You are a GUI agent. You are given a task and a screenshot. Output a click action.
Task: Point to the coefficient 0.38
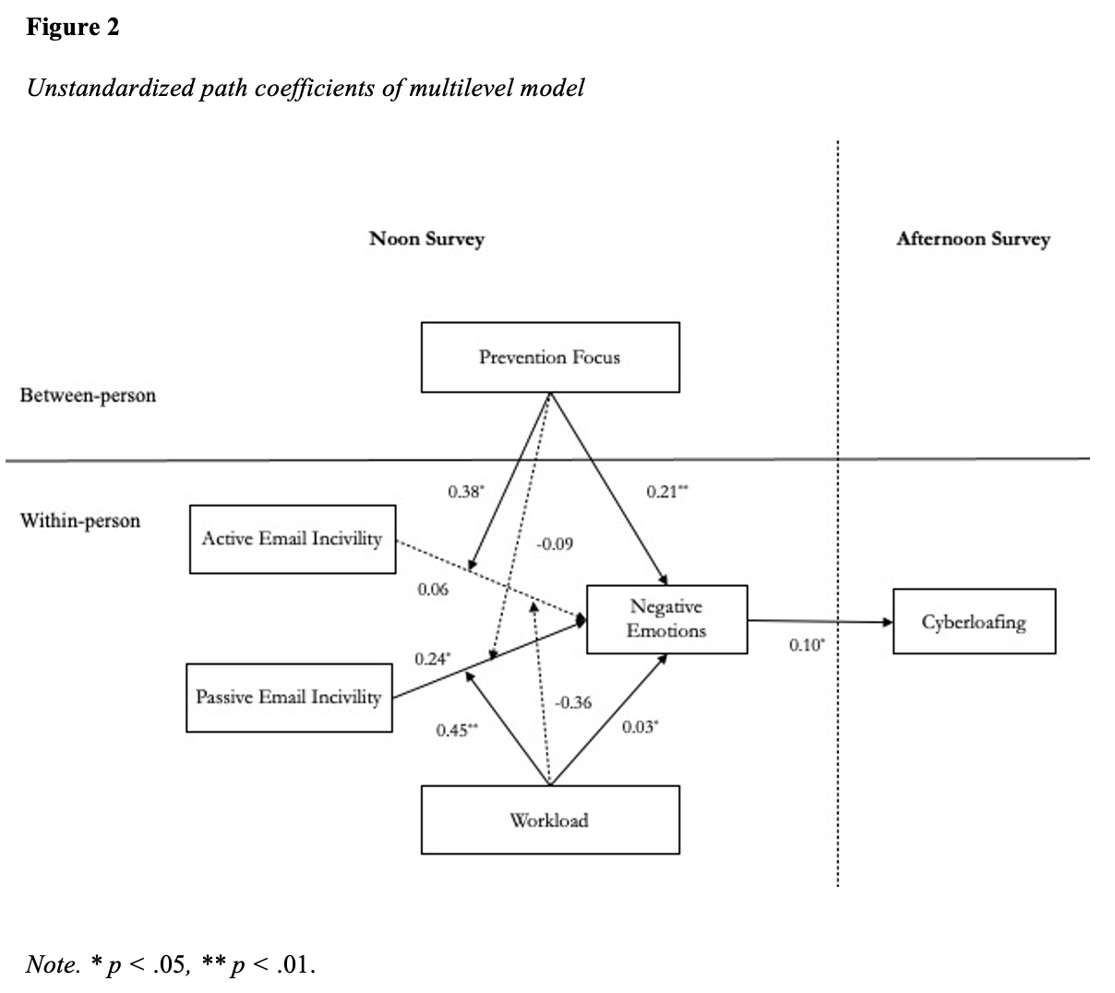466,492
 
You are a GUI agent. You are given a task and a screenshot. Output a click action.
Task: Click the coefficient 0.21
667,492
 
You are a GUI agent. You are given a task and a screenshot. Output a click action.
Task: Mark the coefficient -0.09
555,544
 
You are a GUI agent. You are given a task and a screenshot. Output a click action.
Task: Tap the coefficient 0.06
433,590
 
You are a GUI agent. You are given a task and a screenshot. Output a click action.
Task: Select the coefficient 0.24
433,659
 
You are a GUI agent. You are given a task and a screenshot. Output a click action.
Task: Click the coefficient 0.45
457,730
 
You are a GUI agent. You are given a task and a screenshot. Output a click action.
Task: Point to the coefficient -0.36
573,702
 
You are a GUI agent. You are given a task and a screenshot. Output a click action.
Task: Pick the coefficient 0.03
640,727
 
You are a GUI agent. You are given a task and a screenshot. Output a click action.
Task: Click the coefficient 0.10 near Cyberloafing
807,645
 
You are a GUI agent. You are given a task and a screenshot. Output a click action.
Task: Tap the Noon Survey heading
426,239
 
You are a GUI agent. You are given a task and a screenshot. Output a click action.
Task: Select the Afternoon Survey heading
974,239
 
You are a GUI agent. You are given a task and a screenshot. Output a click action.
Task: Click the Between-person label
88,395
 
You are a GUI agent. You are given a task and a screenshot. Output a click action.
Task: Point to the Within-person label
80,520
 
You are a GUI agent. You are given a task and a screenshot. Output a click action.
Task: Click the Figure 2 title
73,27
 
